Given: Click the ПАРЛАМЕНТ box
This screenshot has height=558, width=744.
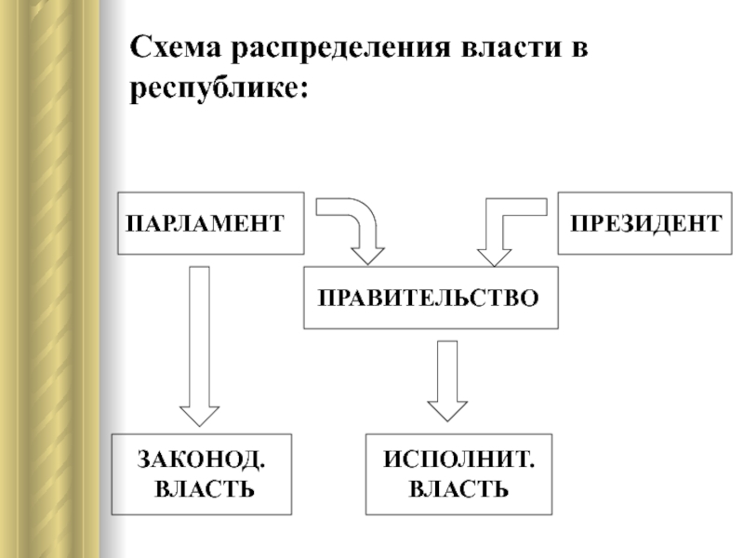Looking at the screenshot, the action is click(x=211, y=223).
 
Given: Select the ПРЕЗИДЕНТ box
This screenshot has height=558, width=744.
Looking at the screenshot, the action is click(x=644, y=223).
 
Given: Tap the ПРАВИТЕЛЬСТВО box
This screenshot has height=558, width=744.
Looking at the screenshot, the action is click(x=431, y=298).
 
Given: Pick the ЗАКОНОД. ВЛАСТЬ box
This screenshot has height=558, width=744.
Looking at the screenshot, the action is click(x=202, y=474).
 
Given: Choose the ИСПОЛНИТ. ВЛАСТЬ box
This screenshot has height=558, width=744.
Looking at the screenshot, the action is click(x=458, y=474).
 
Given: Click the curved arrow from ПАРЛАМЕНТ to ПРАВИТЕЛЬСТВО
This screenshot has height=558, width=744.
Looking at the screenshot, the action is click(x=365, y=219).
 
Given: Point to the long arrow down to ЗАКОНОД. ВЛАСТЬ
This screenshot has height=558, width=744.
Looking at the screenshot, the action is click(x=199, y=346).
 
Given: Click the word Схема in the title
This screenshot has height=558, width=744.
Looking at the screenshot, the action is click(x=176, y=47).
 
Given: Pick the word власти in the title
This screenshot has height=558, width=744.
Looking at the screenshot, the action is click(x=511, y=48).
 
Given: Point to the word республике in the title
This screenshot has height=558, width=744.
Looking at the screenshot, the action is click(x=213, y=89).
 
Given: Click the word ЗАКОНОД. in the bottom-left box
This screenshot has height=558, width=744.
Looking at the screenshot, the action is click(x=201, y=459).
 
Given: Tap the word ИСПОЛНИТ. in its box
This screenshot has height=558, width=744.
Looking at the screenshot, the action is click(x=458, y=459).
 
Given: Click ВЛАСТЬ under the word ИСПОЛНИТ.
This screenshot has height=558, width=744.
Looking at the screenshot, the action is click(x=458, y=489).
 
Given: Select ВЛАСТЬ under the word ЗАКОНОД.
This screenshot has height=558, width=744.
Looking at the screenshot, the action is click(x=205, y=489).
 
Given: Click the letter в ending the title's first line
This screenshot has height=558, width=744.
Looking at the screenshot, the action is click(x=579, y=48).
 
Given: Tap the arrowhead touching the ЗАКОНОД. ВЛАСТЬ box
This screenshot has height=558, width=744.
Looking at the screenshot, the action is click(x=199, y=416).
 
